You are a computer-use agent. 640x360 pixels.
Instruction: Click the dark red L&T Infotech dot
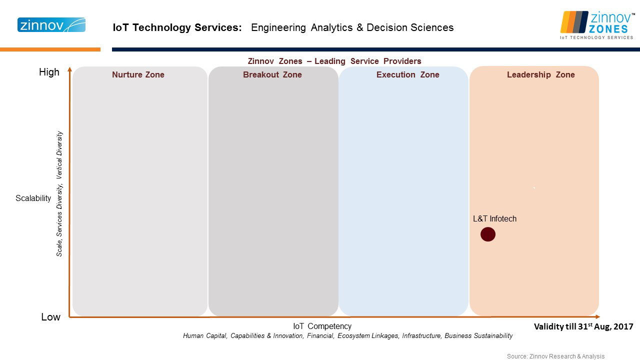(x=487, y=234)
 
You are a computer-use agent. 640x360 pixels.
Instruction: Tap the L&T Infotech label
(x=494, y=218)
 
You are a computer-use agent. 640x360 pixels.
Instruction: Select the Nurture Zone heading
(x=138, y=74)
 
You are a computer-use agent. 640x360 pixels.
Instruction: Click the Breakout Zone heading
(x=272, y=74)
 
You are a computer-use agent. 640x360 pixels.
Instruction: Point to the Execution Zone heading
(x=407, y=74)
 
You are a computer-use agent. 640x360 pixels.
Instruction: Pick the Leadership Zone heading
(x=541, y=74)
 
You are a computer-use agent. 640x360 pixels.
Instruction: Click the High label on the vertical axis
(x=49, y=72)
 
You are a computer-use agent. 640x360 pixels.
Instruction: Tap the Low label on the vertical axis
(x=50, y=317)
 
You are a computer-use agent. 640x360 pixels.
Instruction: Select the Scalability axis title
(x=33, y=198)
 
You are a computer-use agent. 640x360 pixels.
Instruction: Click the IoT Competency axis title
(x=322, y=326)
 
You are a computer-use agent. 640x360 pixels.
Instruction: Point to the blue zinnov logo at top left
(x=51, y=25)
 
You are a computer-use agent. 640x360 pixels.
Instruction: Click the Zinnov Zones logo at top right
(x=597, y=25)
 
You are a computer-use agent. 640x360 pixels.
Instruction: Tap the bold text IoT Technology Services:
(x=177, y=27)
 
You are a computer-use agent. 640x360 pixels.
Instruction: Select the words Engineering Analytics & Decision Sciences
(x=352, y=27)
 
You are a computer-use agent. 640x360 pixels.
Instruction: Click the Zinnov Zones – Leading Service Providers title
(x=334, y=61)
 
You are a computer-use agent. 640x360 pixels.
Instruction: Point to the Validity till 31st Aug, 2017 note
(x=583, y=326)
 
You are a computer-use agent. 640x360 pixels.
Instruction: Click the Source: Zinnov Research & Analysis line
(x=555, y=356)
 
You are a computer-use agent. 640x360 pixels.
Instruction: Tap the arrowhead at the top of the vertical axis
(x=69, y=69)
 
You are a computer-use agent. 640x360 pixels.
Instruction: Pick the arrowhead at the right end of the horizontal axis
(x=597, y=316)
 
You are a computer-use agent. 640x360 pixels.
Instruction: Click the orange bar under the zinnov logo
(x=50, y=49)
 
